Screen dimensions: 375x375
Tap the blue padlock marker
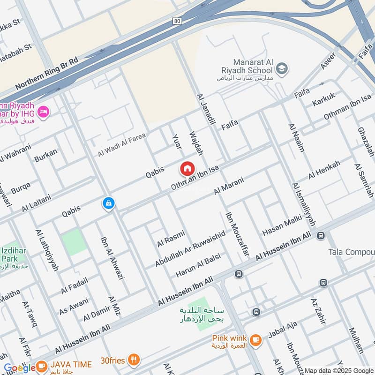point(108,203)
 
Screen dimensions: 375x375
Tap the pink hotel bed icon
point(44,112)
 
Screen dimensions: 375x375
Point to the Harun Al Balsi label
point(198,266)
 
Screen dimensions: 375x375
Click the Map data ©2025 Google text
point(338,370)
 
